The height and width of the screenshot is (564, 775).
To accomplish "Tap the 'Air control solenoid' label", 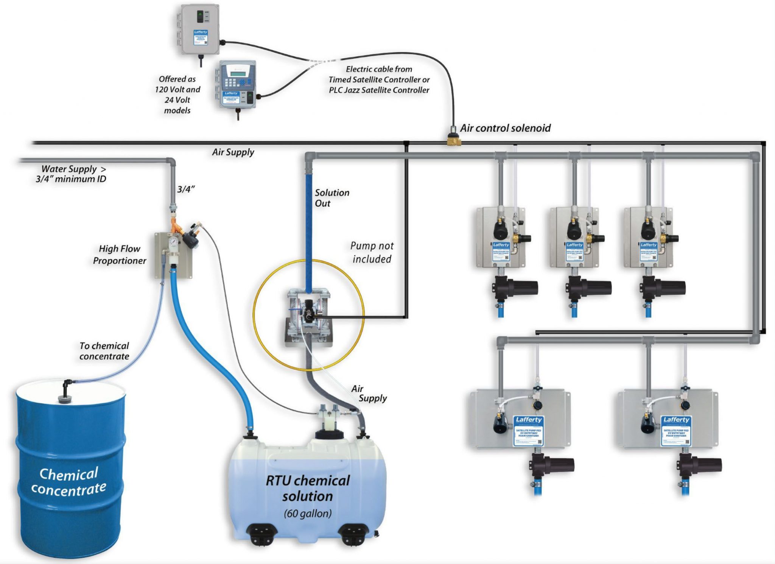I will [x=505, y=128].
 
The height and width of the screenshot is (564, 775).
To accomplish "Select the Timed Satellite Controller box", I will [x=199, y=30].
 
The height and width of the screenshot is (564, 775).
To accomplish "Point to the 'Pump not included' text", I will [x=372, y=252].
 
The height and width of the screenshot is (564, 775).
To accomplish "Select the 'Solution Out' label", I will [x=332, y=198].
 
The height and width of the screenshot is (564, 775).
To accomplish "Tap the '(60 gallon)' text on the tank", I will [x=308, y=514].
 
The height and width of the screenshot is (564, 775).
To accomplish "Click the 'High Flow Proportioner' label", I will [x=120, y=255].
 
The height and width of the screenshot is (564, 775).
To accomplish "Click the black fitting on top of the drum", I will [x=68, y=390].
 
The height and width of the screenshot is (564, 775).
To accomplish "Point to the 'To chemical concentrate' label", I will [x=104, y=351].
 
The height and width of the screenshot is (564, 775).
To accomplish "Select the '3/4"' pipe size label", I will [x=186, y=189].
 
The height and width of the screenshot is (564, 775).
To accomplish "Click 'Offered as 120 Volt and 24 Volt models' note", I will [x=177, y=95].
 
